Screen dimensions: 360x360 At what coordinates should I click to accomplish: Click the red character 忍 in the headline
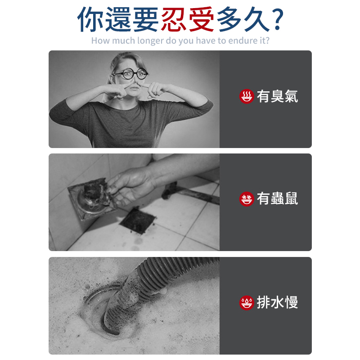pos(174,19)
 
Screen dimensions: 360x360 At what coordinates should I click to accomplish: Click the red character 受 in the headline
pos(201,19)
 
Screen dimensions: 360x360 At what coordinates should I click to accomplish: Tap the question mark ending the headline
pos(278,19)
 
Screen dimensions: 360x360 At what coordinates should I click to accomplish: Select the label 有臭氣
pos(277,96)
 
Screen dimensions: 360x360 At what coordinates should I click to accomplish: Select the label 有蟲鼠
pos(277,198)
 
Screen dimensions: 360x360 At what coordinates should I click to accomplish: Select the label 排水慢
pos(277,302)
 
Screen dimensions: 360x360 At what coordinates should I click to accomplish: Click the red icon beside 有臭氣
pos(246,96)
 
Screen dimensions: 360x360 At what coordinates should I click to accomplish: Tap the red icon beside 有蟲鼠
pos(246,198)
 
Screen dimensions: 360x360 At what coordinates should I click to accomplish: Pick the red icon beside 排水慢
pos(246,302)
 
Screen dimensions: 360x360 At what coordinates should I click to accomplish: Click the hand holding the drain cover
pos(128,184)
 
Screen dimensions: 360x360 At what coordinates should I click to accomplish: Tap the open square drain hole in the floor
pos(138,219)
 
